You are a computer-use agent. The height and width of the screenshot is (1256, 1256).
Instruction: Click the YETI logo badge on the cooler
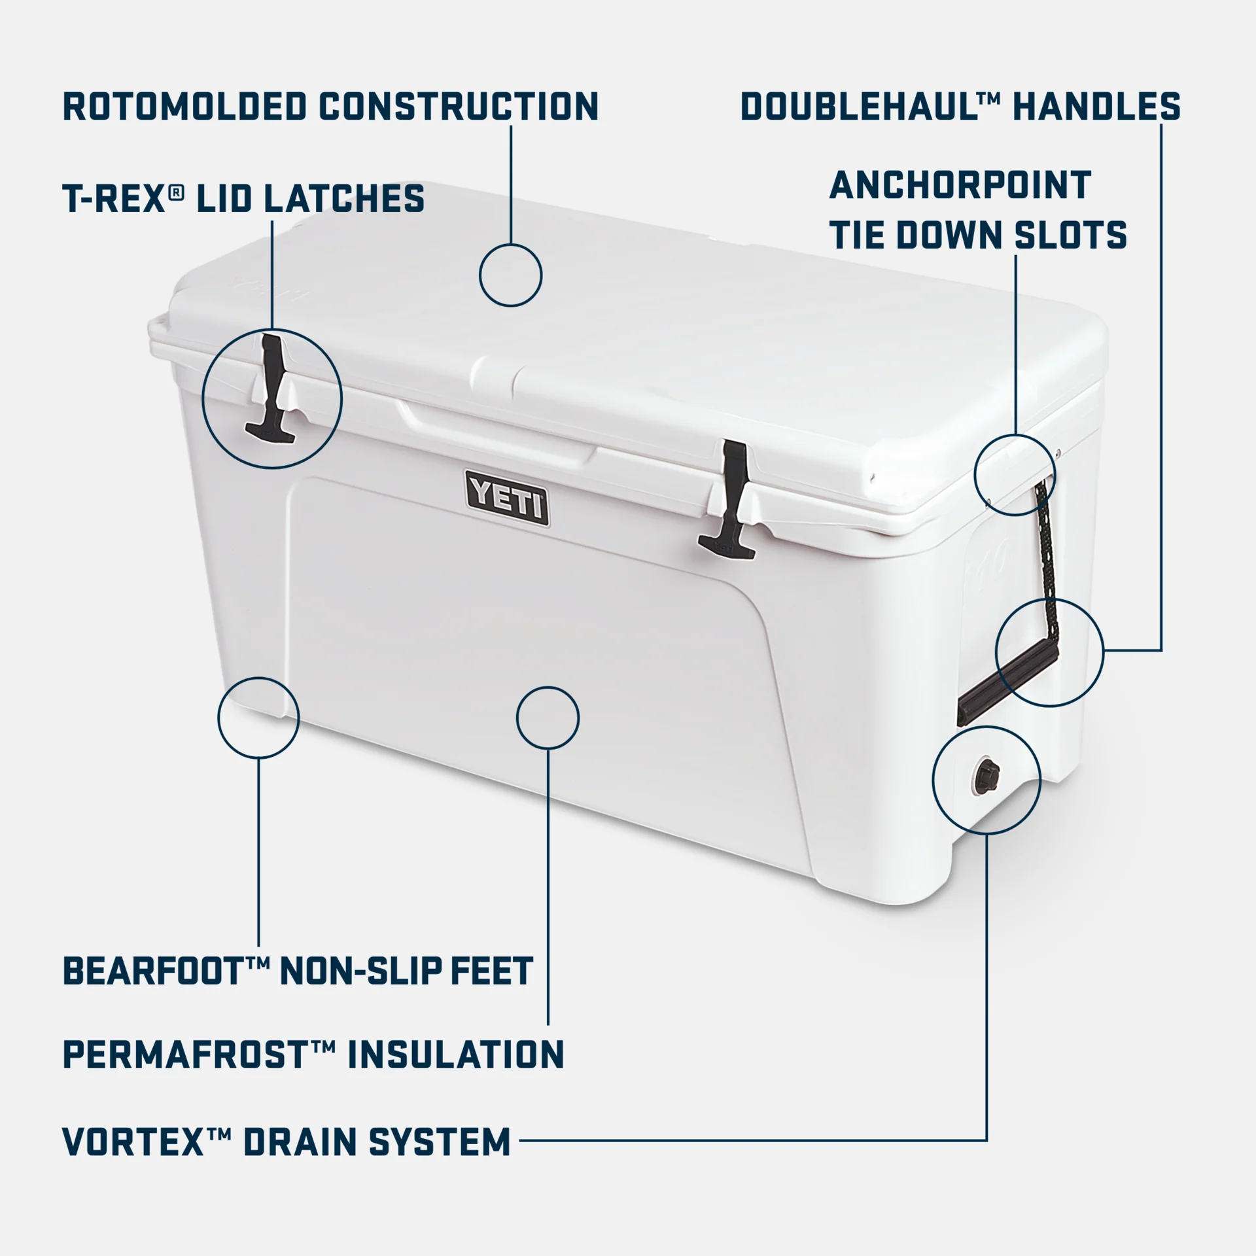[x=508, y=498]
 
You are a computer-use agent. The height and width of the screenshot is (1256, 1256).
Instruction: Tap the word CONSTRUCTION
[x=459, y=107]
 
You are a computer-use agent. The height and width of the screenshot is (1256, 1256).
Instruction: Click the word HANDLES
[x=1096, y=107]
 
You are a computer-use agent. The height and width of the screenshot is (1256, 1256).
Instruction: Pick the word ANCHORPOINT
[x=960, y=185]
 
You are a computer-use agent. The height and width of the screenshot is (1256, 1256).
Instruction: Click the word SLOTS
[x=1070, y=235]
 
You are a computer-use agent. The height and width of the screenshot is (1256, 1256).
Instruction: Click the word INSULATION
[x=455, y=1055]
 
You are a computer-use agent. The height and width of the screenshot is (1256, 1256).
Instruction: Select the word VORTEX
[x=134, y=1142]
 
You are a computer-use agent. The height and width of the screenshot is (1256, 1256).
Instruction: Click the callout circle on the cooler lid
[x=510, y=275]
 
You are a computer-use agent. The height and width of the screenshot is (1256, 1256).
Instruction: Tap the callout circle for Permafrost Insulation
[x=548, y=718]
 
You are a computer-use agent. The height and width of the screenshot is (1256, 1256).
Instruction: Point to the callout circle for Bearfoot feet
[x=258, y=718]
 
